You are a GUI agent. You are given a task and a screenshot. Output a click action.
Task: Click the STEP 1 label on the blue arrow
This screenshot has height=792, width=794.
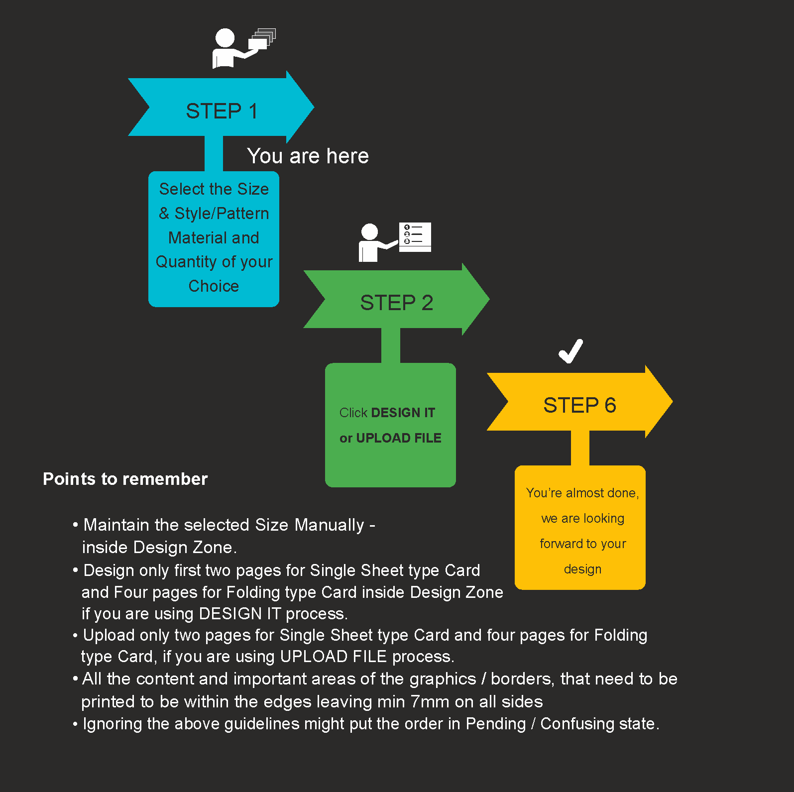[222, 111]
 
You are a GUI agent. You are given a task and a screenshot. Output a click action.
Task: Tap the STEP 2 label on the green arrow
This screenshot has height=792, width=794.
[397, 303]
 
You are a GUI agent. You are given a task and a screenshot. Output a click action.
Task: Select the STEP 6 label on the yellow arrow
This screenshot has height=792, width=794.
[579, 405]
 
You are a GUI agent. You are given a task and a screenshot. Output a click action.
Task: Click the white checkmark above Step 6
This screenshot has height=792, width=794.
[570, 351]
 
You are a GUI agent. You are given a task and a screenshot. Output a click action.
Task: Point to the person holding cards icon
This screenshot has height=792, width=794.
[244, 48]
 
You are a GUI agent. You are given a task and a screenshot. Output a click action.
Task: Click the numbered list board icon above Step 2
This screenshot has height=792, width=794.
[415, 237]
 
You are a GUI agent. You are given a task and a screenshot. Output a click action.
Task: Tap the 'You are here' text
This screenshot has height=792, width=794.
[308, 156]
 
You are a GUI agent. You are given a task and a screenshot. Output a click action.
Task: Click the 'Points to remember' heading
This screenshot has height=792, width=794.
[125, 479]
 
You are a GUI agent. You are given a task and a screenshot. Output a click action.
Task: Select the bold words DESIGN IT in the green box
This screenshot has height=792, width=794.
[403, 413]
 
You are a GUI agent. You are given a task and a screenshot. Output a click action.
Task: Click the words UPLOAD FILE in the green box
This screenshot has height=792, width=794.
[399, 438]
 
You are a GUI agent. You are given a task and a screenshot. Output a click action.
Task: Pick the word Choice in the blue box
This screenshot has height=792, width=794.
[214, 286]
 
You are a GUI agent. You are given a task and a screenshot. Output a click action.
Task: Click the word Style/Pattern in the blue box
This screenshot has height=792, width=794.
[222, 214]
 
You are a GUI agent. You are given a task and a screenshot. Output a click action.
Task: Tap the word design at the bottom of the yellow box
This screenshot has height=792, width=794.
[582, 569]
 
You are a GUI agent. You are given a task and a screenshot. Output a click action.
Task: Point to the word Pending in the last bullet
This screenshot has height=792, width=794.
[496, 724]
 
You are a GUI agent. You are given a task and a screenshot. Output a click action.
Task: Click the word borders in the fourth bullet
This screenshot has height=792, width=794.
[523, 679]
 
